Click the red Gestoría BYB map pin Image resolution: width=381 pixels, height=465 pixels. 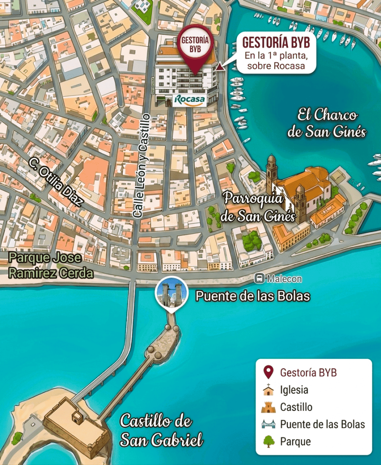pos(195,45)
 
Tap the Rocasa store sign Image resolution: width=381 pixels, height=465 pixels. pos(189,99)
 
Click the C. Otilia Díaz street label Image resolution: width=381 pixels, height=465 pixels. pos(55,182)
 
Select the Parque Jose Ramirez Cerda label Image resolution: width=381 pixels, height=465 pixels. pos(51,265)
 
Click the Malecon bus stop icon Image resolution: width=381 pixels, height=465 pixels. pos(260,278)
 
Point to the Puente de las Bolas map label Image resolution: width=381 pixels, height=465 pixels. pos(252,297)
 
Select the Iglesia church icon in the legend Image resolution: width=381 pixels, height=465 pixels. pos(269,390)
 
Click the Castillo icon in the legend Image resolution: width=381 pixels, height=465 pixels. pos(269,407)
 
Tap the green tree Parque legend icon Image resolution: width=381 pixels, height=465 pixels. pos(269,441)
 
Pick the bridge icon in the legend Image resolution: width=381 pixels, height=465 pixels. pos(269,424)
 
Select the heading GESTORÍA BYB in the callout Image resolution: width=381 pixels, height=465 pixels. pos(276,42)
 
